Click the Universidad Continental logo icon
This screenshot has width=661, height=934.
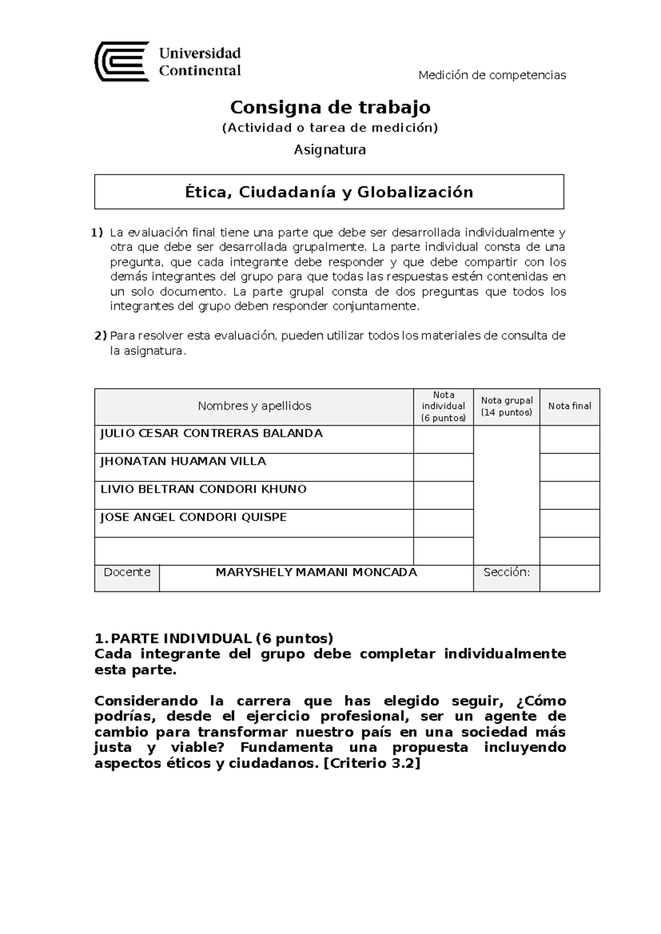(x=122, y=61)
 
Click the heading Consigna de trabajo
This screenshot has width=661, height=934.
(x=330, y=106)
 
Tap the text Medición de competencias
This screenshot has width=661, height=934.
(x=492, y=75)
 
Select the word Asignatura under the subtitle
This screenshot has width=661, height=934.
(x=329, y=149)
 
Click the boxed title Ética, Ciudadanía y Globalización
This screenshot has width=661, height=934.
(x=329, y=192)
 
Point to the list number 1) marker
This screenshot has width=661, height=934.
(x=97, y=232)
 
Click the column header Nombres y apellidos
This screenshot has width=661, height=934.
(x=254, y=406)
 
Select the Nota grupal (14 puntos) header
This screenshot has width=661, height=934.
(x=506, y=406)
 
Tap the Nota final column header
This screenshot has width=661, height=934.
(x=569, y=406)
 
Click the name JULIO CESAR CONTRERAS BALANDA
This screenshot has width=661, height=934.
(x=211, y=433)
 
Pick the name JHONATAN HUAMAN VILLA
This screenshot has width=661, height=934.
(x=183, y=461)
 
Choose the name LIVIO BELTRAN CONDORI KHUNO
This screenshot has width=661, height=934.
(x=203, y=489)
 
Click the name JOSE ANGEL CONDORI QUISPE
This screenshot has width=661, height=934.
(x=193, y=517)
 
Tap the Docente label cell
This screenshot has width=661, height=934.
(x=127, y=572)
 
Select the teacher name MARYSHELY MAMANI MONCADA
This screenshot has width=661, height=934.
(x=316, y=572)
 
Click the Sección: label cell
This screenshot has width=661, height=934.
(x=506, y=572)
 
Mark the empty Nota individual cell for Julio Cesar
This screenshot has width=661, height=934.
(x=443, y=439)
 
